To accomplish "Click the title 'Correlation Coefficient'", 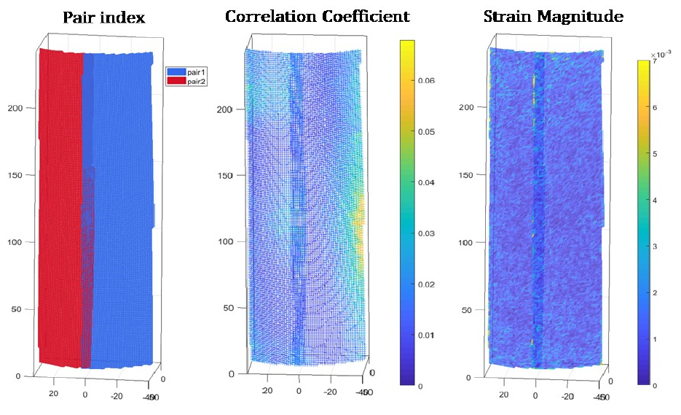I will (317, 16).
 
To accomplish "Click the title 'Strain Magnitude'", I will (553, 16).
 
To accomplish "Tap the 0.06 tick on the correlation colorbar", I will (428, 81).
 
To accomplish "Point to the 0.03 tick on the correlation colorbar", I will (428, 233).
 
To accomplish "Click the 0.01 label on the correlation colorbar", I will (428, 336).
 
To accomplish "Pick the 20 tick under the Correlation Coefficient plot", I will (267, 390).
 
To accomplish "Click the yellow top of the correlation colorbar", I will (407, 45).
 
